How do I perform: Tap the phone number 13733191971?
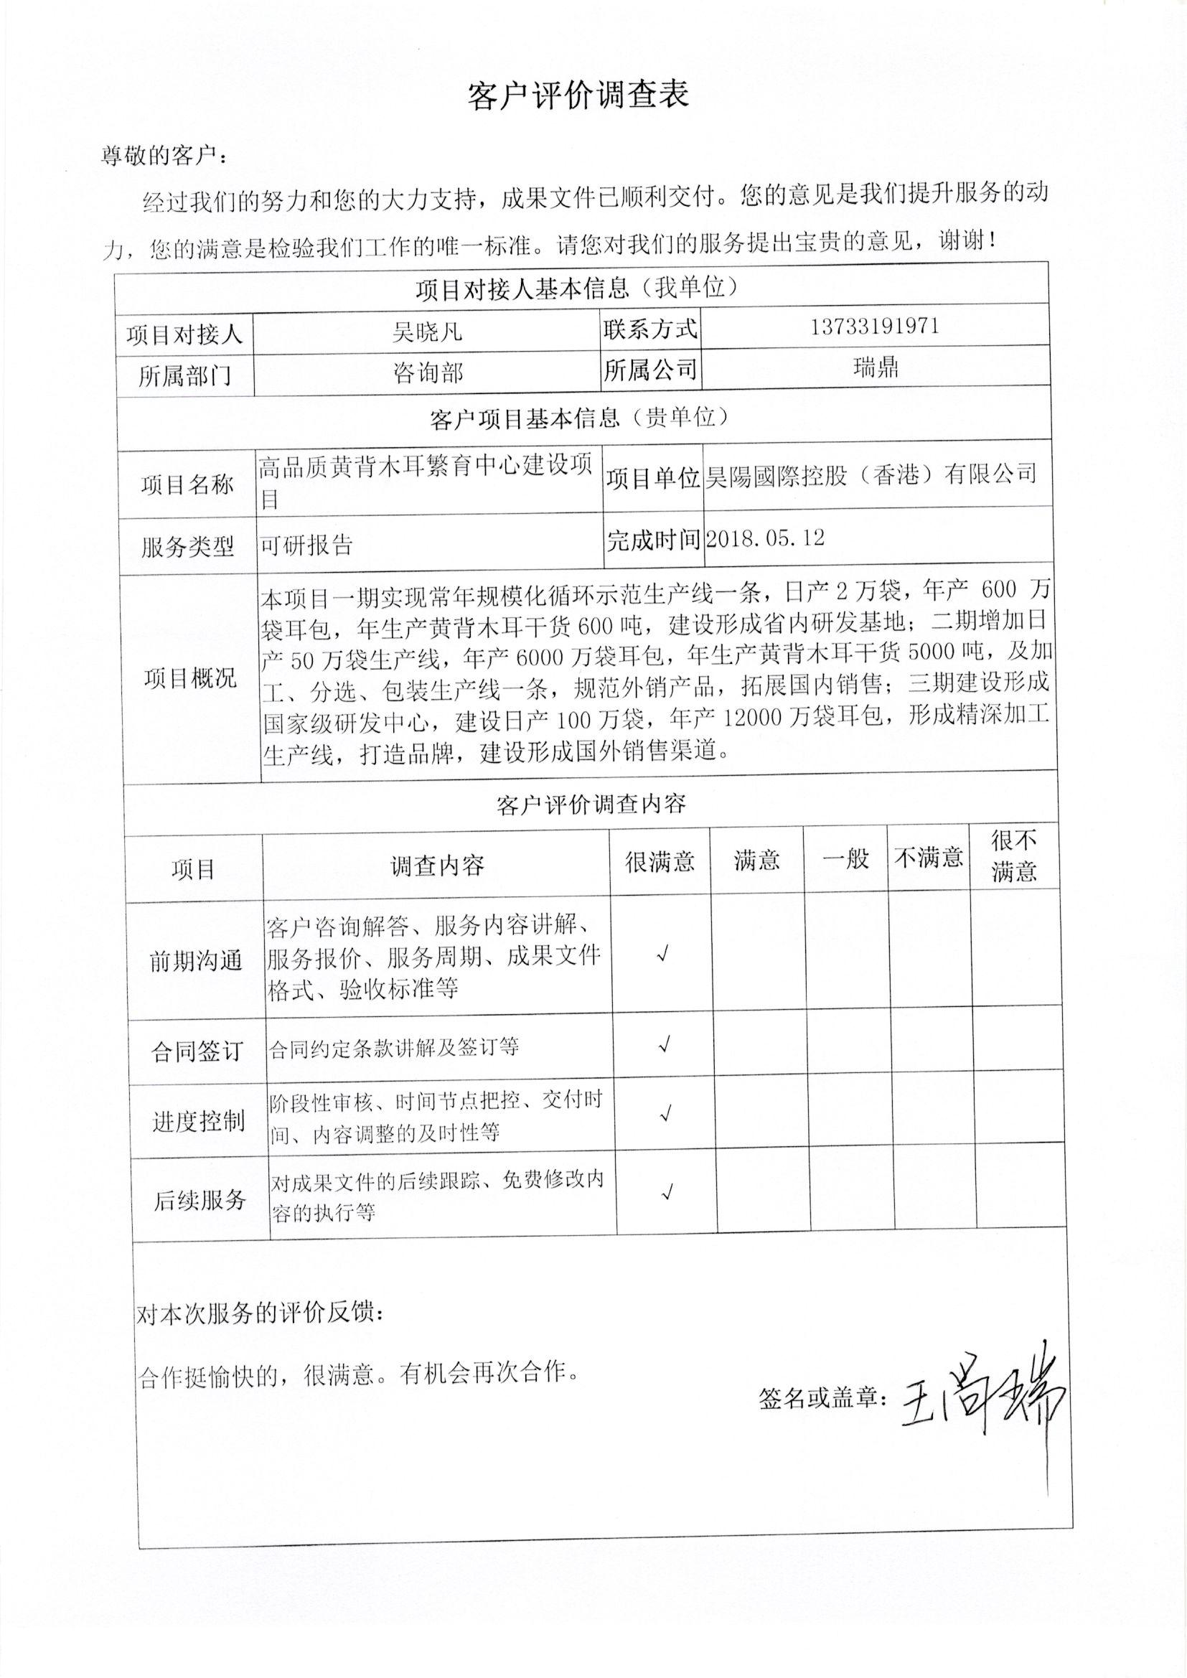click(x=874, y=326)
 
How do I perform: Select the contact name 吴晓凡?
click(x=427, y=333)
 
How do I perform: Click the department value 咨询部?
click(x=428, y=373)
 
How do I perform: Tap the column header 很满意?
click(x=660, y=862)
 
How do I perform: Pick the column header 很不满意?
click(x=1014, y=856)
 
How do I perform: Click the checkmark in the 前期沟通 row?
click(x=664, y=955)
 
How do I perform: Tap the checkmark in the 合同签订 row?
click(x=665, y=1045)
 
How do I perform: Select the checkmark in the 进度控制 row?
click(x=665, y=1115)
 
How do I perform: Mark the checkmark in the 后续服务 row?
click(x=667, y=1193)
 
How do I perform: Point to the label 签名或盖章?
click(x=822, y=1399)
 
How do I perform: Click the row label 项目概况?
click(x=190, y=678)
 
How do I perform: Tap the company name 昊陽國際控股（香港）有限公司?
click(x=870, y=476)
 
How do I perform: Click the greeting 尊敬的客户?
click(x=164, y=156)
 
